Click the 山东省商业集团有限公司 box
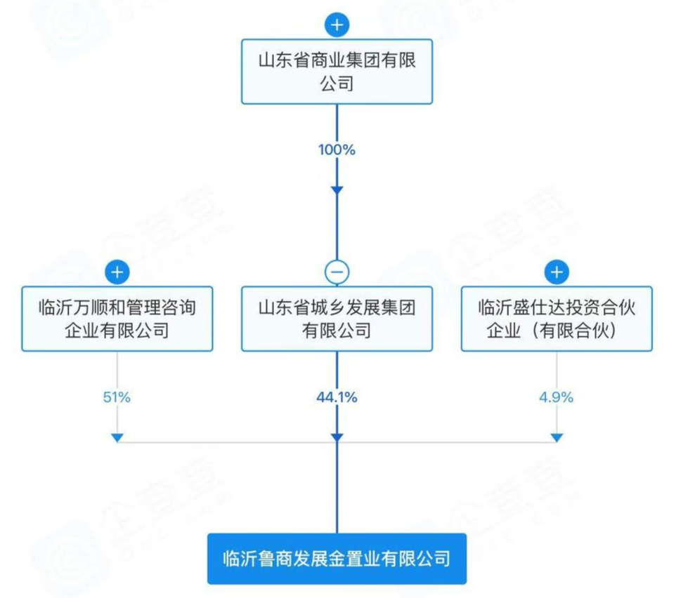click(337, 72)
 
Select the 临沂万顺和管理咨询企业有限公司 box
click(117, 319)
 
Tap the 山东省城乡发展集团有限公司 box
click(337, 319)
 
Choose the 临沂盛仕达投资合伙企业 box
click(557, 319)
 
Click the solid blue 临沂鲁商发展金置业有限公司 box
click(337, 559)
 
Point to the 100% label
click(337, 149)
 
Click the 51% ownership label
click(117, 397)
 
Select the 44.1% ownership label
click(337, 397)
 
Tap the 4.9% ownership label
click(557, 397)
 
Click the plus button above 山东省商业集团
click(337, 25)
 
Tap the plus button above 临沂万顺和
click(117, 272)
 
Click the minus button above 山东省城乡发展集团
click(337, 272)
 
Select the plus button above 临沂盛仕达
click(557, 272)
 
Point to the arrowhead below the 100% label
click(337, 190)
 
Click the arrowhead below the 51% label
click(117, 438)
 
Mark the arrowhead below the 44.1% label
click(337, 438)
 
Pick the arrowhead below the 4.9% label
click(557, 438)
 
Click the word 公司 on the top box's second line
click(337, 85)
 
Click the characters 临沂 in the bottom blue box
click(238, 559)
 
